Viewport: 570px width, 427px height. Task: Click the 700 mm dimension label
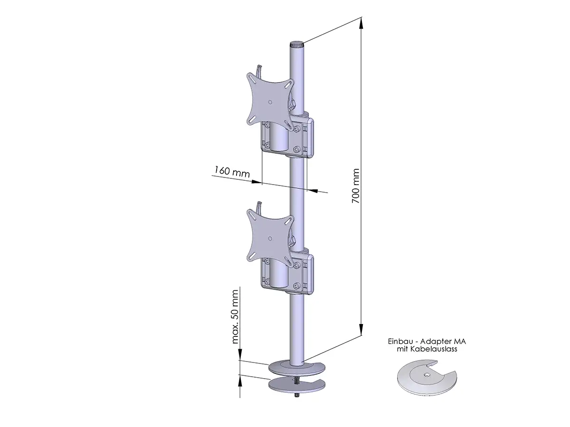pyautogui.click(x=355, y=186)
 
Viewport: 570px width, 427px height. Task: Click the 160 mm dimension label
pyautogui.click(x=232, y=172)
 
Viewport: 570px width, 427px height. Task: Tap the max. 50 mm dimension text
pyautogui.click(x=235, y=317)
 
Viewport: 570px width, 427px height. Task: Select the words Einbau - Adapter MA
pyautogui.click(x=427, y=342)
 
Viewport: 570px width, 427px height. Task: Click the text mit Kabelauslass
pyautogui.click(x=427, y=349)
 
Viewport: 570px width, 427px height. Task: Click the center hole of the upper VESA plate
pyautogui.click(x=270, y=102)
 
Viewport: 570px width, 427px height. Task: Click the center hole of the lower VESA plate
pyautogui.click(x=270, y=239)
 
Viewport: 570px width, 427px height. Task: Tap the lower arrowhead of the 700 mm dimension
pyautogui.click(x=361, y=329)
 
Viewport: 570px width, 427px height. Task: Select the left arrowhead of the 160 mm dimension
pyautogui.click(x=256, y=182)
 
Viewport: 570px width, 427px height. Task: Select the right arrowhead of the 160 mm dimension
pyautogui.click(x=313, y=191)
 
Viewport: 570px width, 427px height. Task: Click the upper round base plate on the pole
pyautogui.click(x=297, y=368)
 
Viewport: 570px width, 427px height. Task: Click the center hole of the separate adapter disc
pyautogui.click(x=426, y=375)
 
